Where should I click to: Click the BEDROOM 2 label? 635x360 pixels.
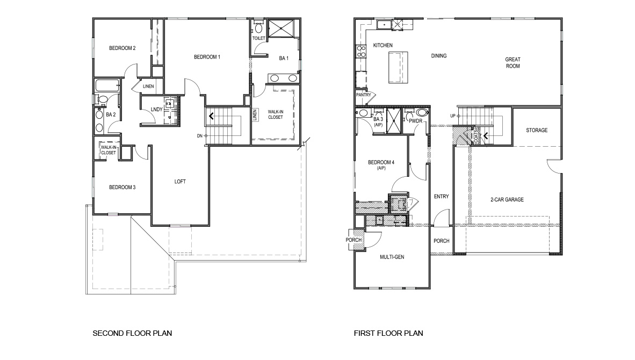tap(122, 48)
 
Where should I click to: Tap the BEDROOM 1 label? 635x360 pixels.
tap(207, 57)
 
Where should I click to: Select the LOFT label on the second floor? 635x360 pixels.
tap(180, 182)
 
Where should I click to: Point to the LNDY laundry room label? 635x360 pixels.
tap(157, 110)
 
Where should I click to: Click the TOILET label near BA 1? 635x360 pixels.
tap(258, 38)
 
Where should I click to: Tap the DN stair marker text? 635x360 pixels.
tap(200, 135)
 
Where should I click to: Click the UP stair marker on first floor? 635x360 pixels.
tap(453, 116)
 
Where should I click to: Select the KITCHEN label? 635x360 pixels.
tap(383, 45)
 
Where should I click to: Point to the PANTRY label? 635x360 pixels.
tap(364, 95)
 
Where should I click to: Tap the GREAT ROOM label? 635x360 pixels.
tap(513, 63)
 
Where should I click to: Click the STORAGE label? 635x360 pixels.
tap(537, 131)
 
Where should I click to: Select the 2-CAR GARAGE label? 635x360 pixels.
tap(507, 200)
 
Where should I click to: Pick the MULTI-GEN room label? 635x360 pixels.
tap(392, 257)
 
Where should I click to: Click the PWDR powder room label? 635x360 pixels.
tap(416, 121)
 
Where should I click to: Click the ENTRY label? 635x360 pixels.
tap(441, 197)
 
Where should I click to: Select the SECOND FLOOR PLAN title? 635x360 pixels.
tap(132, 333)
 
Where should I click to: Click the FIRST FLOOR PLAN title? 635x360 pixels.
tap(388, 333)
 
